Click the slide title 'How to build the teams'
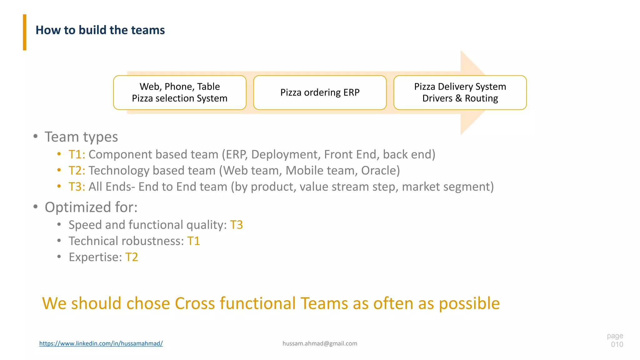click(100, 30)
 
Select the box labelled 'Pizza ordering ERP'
click(320, 92)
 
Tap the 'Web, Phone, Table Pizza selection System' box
click(180, 92)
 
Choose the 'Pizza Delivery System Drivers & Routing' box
click(460, 92)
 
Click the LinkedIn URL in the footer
click(101, 343)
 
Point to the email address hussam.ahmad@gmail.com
click(320, 343)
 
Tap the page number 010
click(617, 344)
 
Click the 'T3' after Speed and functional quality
click(236, 225)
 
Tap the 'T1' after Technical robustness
click(193, 241)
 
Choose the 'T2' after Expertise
click(132, 257)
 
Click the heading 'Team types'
click(81, 137)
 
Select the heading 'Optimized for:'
click(91, 207)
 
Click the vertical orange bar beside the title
click(24, 32)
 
